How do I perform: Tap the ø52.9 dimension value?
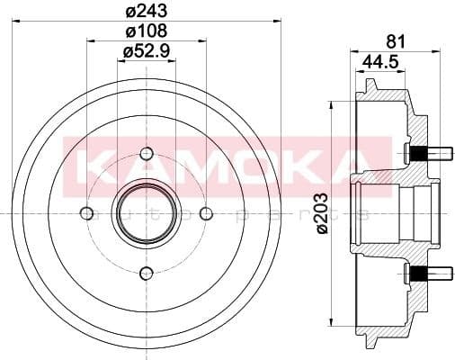148,53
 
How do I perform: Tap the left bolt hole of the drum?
86,213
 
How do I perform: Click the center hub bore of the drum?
147,213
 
